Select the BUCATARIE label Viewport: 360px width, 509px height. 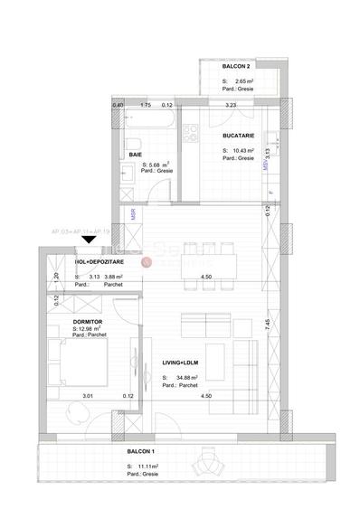(x=239, y=136)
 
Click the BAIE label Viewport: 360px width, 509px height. (x=136, y=155)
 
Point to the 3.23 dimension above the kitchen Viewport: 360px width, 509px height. (x=231, y=106)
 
